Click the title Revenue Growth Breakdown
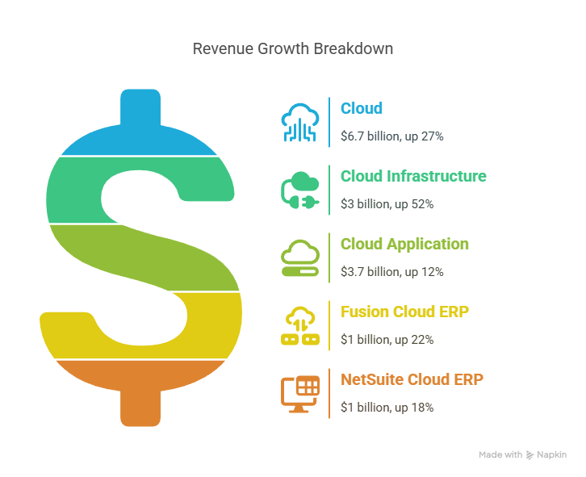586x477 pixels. pyautogui.click(x=293, y=49)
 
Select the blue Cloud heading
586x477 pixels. pyautogui.click(x=362, y=108)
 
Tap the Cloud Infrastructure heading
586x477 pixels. pyautogui.click(x=413, y=176)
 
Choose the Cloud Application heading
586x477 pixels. pyautogui.click(x=404, y=245)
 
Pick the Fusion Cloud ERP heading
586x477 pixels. pyautogui.click(x=404, y=312)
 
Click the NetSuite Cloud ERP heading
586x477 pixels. pyautogui.click(x=412, y=379)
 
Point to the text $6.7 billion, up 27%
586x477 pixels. pyautogui.click(x=392, y=136)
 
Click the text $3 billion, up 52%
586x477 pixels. pyautogui.click(x=387, y=204)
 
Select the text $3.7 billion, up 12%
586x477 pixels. pyautogui.click(x=392, y=272)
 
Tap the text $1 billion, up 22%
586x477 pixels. pyautogui.click(x=387, y=340)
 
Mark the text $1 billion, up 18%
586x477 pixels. pyautogui.click(x=387, y=407)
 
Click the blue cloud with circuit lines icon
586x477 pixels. pyautogui.click(x=300, y=123)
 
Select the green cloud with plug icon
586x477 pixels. pyautogui.click(x=300, y=190)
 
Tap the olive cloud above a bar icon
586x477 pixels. pyautogui.click(x=300, y=258)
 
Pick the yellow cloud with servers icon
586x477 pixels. pyautogui.click(x=300, y=325)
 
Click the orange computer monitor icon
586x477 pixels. pyautogui.click(x=300, y=394)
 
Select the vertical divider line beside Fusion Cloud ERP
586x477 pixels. pyautogui.click(x=329, y=325)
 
